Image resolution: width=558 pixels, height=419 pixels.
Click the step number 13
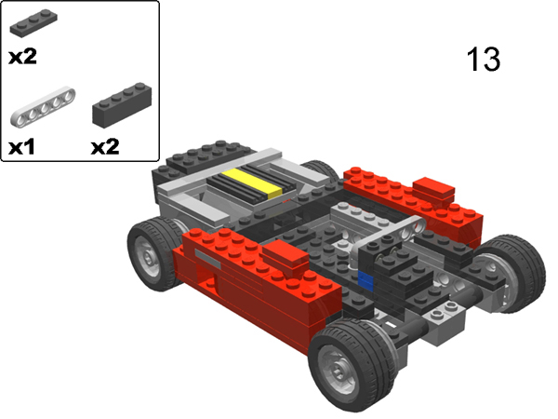click(483, 60)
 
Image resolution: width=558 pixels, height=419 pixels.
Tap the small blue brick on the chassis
click(366, 281)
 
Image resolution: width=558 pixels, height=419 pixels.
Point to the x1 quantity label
click(22, 146)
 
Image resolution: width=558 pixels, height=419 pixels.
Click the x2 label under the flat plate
click(22, 56)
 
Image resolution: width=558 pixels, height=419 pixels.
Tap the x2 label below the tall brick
click(106, 146)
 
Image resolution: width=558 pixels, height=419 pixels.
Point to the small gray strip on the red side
click(209, 263)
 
